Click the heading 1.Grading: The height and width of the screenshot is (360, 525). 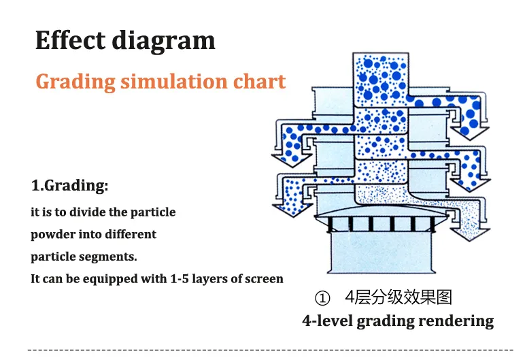coord(69,185)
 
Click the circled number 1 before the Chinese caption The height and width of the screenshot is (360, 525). coord(322,298)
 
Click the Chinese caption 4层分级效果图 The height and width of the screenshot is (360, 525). coord(398,297)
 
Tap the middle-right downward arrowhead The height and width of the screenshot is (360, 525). coord(473,180)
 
